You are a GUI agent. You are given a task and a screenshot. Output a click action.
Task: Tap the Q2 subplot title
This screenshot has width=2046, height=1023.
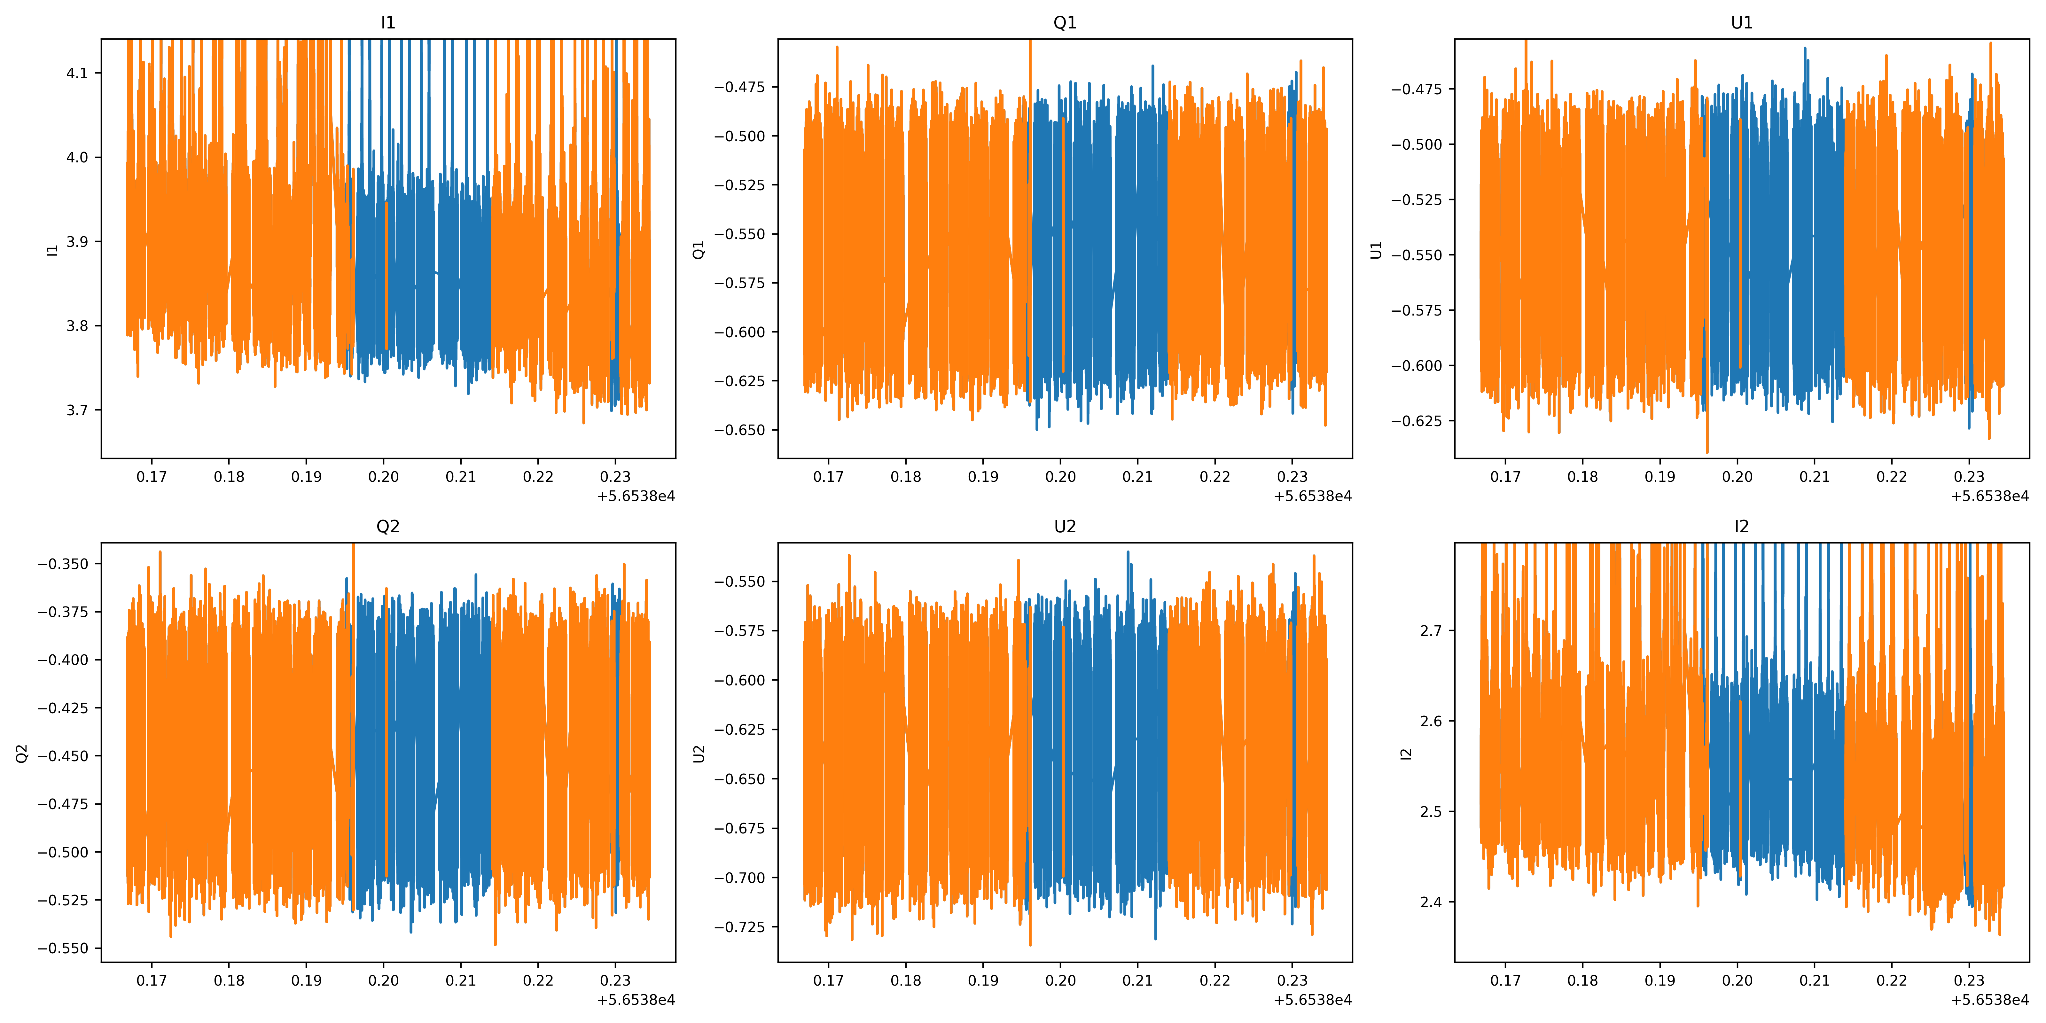tap(387, 527)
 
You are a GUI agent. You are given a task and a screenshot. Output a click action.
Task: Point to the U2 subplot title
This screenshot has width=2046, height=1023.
tap(1064, 527)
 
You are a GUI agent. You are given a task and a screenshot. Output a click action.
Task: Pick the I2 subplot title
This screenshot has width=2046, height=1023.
tap(1741, 527)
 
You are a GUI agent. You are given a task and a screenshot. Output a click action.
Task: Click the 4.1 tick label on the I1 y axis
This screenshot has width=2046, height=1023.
tap(77, 73)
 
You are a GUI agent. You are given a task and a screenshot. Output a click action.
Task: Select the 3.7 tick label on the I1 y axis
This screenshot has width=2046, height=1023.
tap(77, 410)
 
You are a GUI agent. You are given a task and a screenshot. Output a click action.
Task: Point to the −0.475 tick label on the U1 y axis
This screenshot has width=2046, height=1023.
tap(1416, 89)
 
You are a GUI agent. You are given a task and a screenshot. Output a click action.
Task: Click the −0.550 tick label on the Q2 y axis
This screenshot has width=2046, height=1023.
tap(63, 948)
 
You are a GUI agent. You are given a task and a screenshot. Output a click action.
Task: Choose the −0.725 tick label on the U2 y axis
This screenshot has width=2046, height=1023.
tap(739, 927)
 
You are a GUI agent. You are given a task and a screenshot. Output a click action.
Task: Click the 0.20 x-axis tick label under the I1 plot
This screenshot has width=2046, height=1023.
tap(384, 477)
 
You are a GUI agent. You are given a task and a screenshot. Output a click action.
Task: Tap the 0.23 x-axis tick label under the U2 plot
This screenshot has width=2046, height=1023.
tap(1292, 980)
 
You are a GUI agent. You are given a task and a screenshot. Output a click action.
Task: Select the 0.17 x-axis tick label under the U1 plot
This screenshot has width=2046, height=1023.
tap(1505, 477)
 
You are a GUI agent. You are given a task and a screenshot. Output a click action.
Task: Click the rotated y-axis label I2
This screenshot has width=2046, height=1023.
tap(1406, 753)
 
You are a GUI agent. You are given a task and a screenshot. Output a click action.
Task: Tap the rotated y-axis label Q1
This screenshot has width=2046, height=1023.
tap(699, 249)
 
